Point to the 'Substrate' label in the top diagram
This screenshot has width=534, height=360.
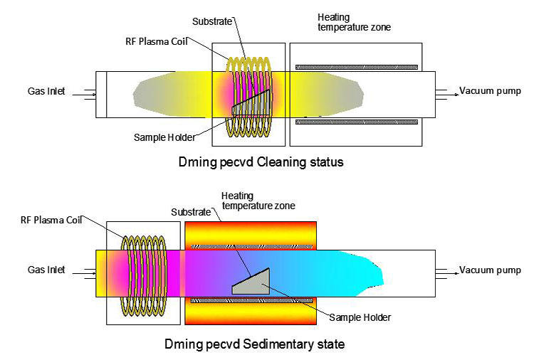[213, 22]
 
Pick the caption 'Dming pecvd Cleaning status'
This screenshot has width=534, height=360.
[261, 162]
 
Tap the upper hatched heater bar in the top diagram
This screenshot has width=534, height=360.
[357, 67]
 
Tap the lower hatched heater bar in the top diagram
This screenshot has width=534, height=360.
[357, 122]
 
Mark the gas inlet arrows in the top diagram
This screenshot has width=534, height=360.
[85, 92]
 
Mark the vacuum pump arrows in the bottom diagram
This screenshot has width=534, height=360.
[446, 271]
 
